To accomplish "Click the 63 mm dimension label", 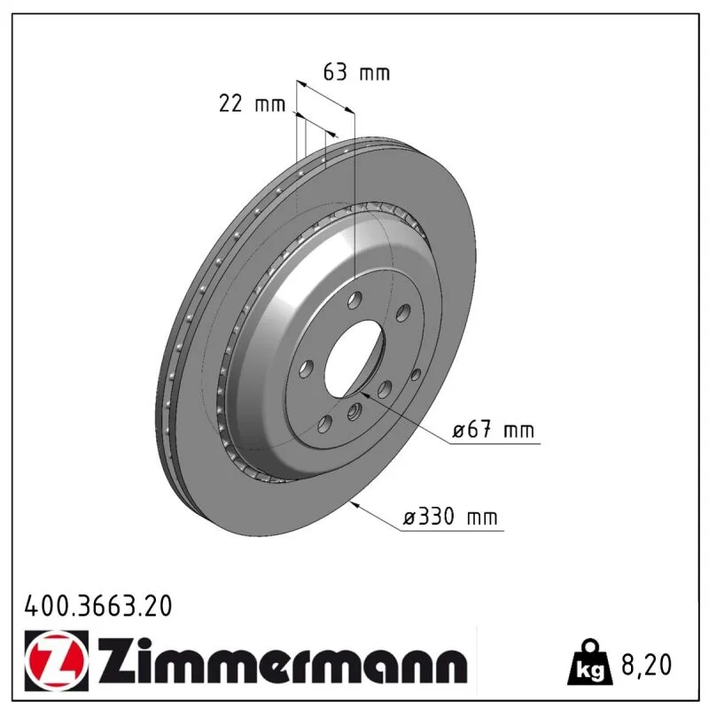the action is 356,73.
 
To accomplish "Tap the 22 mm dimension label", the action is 252,104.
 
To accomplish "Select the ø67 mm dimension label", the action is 494,429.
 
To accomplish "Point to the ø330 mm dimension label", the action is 450,517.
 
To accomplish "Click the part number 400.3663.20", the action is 98,605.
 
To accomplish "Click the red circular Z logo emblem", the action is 56,660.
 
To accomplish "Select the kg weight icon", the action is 591,661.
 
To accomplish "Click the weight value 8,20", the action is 647,664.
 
